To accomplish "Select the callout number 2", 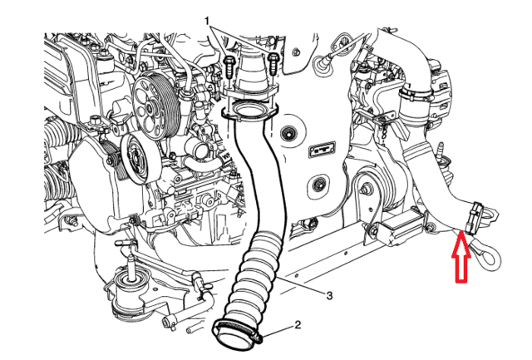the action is (x=296, y=326).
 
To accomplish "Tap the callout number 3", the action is (x=329, y=294).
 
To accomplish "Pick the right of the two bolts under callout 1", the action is (x=273, y=60).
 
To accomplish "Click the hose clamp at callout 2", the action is (x=239, y=331).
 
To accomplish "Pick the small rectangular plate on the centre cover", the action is (x=321, y=150).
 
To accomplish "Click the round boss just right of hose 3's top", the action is (x=289, y=133).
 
